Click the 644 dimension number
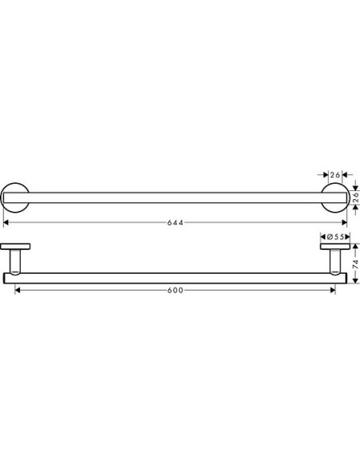(178, 223)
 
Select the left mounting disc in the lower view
(16, 246)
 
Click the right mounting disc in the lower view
(335, 246)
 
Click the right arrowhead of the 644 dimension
(346, 223)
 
